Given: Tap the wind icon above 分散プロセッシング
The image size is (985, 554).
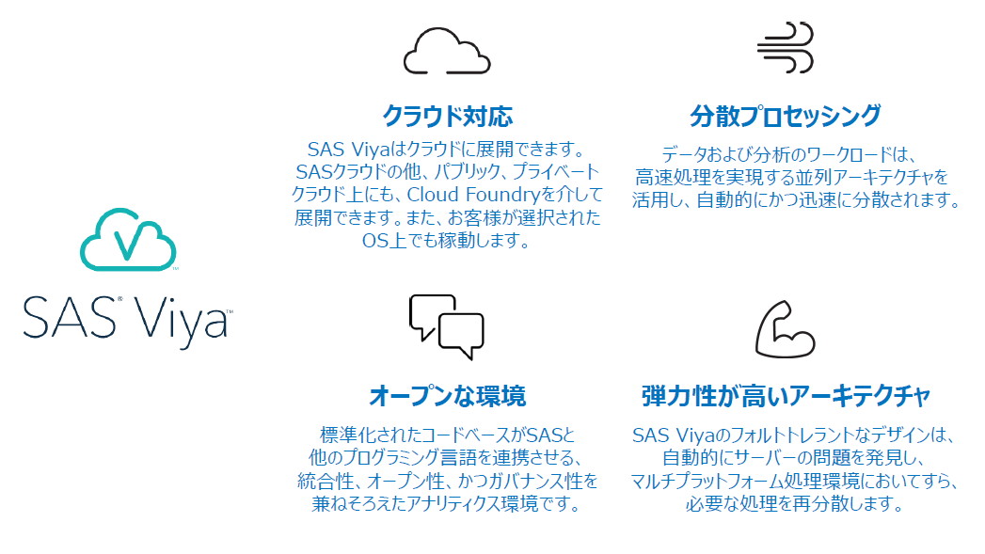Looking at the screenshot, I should point(786,48).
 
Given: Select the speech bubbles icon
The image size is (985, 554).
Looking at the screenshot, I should point(446,326).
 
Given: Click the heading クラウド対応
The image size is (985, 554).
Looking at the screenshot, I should point(447,117).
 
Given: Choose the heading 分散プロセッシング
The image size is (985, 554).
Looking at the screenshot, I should point(786,117).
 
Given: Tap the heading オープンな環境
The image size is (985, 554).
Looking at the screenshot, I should point(447,395).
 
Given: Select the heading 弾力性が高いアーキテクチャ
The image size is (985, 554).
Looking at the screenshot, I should point(786,395).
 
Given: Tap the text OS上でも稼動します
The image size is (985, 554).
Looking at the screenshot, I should point(446,241).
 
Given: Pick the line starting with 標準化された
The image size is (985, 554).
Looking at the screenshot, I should point(447,435).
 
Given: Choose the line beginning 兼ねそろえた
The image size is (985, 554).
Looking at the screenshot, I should point(446,504).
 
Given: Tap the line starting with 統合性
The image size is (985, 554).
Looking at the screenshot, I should point(446,482).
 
